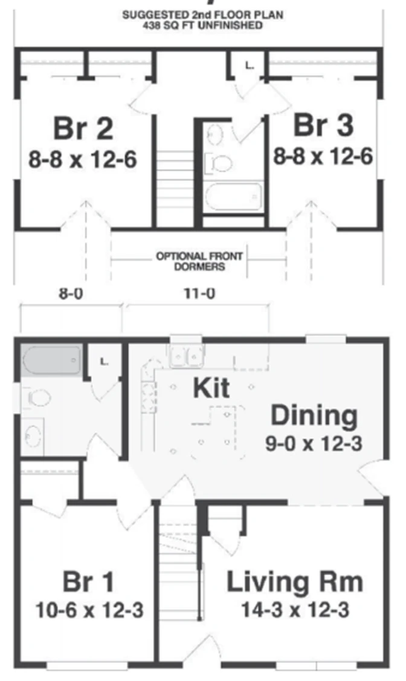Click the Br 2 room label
83,129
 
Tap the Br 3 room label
324,125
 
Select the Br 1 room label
89,582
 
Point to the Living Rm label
295,582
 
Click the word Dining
315,415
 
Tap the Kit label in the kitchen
211,388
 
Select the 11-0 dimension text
199,294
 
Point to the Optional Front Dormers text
199,261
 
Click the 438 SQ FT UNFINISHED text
202,25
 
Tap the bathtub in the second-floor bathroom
233,197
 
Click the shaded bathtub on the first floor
51,360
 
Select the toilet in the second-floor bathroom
219,163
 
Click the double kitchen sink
187,357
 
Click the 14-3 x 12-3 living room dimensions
295,610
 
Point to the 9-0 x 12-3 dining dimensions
314,443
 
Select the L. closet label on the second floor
249,66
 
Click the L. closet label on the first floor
104,361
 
